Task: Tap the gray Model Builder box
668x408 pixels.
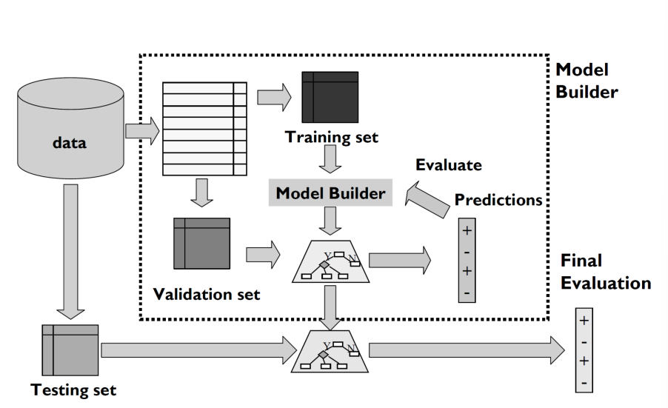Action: [x=330, y=194]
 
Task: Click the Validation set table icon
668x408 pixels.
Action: [x=201, y=243]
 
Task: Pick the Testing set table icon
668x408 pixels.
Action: [x=70, y=350]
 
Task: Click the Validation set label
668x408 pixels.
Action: [x=207, y=294]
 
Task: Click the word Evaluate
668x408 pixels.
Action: [x=449, y=164]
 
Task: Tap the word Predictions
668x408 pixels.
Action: [x=498, y=200]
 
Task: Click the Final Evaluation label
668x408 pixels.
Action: [x=606, y=272]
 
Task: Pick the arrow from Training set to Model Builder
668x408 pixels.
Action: [x=331, y=158]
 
